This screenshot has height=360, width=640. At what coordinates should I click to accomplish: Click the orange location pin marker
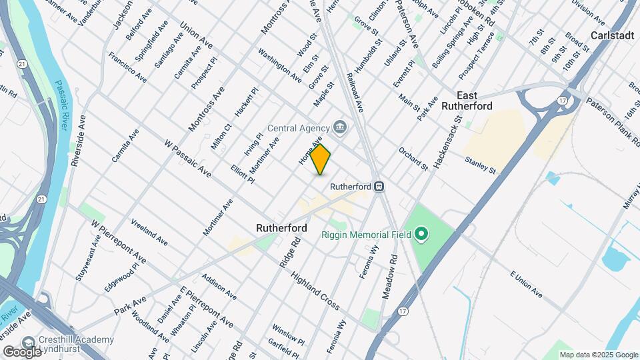321,159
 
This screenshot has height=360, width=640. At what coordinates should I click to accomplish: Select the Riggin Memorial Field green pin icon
421,234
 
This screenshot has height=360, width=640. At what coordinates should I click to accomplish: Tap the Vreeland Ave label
148,229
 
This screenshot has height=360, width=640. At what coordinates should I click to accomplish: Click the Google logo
23,351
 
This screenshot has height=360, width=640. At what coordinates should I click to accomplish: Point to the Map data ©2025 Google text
598,355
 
